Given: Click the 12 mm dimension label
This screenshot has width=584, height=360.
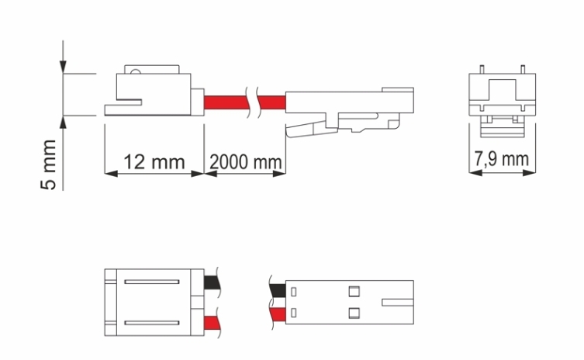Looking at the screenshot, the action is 154,162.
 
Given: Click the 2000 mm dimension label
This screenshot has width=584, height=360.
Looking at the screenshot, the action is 245,162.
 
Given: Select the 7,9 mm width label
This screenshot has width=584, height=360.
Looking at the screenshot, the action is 501,159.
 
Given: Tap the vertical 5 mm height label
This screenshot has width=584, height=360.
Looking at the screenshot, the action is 48,164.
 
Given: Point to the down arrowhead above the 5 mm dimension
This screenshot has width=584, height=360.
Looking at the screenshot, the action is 63,67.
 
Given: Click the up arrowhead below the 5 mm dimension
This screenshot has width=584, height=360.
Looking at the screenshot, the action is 63,123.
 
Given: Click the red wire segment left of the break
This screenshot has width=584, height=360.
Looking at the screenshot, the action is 226,102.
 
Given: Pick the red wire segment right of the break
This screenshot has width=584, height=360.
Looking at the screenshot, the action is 272,102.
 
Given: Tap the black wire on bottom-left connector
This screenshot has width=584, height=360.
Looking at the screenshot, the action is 213,283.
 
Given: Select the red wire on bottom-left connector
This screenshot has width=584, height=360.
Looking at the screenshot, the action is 213,324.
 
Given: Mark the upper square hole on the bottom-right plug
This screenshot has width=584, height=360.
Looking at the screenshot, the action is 354,292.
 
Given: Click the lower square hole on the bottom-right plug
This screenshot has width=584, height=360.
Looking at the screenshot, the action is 354,313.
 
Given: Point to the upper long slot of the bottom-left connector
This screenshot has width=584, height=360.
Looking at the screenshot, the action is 152,282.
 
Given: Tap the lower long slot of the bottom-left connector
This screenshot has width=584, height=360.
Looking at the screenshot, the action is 152,323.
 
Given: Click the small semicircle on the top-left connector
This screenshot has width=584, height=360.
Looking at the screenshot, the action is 136,71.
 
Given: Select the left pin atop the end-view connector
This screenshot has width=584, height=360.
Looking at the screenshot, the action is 482,69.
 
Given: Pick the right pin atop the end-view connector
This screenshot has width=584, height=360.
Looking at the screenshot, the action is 523,69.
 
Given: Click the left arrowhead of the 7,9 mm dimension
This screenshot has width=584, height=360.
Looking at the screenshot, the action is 475,172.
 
